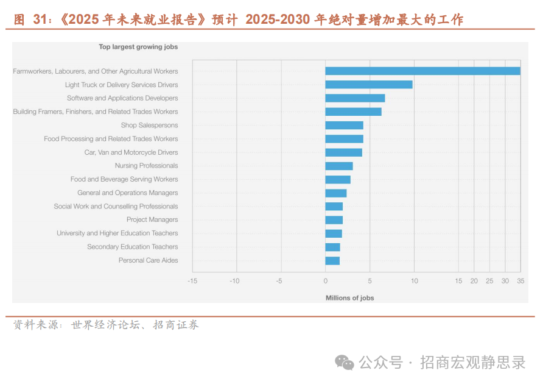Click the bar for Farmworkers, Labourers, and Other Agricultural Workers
(x=422, y=71)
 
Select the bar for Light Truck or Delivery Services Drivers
(x=369, y=85)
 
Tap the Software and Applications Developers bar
(x=355, y=98)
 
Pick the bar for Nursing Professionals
(x=339, y=166)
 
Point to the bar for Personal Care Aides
(x=332, y=260)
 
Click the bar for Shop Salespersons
(x=344, y=125)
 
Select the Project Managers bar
(x=334, y=219)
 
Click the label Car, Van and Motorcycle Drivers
(x=131, y=152)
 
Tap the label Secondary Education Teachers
(x=132, y=247)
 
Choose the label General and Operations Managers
(x=127, y=193)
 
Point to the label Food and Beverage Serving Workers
(x=124, y=179)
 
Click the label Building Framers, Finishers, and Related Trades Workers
(x=96, y=112)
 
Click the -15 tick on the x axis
(x=192, y=281)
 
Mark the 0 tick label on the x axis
(x=325, y=281)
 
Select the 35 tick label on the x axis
(x=520, y=281)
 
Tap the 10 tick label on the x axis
(x=414, y=281)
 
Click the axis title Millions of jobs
(x=350, y=298)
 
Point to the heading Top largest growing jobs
(x=138, y=46)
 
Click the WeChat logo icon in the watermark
(x=345, y=363)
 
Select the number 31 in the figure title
(x=40, y=20)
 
